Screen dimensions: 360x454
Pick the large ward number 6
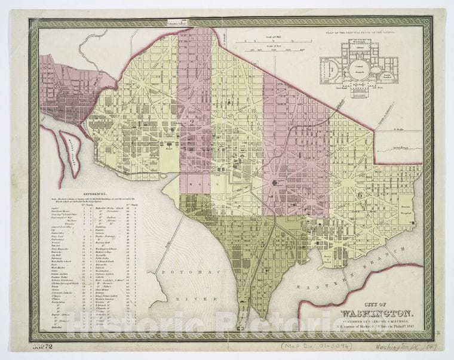coord(360,194)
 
